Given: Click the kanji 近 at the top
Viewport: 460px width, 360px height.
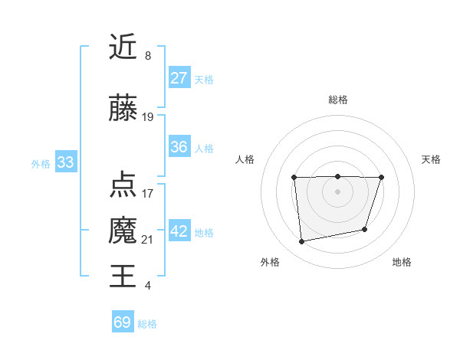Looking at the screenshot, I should tap(123, 48).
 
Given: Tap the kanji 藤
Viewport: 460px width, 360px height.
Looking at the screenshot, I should tap(123, 108).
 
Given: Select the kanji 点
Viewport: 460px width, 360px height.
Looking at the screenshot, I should tap(123, 184).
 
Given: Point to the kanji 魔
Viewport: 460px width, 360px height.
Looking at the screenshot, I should tap(123, 231).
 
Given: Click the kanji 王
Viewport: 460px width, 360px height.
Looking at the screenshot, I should tap(123, 275).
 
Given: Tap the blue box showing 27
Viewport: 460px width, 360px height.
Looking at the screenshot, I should tap(179, 78).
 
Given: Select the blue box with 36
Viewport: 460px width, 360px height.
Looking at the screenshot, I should tap(179, 147).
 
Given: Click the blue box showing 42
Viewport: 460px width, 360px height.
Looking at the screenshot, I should tap(179, 232).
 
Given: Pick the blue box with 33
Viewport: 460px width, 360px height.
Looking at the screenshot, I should tap(65, 162).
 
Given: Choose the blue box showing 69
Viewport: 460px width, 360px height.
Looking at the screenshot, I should tap(123, 322).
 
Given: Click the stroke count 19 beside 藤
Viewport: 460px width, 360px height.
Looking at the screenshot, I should tap(148, 117).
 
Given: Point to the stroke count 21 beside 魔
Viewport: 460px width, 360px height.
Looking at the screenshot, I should tap(148, 240).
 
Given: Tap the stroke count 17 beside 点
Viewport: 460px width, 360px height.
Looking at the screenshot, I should tap(148, 193).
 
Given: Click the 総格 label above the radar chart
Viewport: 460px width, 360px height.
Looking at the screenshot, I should tap(338, 100).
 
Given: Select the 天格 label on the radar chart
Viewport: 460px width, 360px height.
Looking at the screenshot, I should tap(431, 159).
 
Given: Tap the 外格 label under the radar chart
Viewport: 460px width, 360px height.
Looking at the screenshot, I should tap(270, 262).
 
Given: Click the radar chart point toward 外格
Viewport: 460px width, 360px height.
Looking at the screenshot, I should tap(302, 242).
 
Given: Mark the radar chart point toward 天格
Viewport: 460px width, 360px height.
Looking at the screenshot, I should tap(381, 178).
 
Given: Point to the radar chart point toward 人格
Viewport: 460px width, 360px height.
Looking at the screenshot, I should tap(294, 178).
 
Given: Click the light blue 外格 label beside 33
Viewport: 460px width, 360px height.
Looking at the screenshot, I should tap(40, 163).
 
